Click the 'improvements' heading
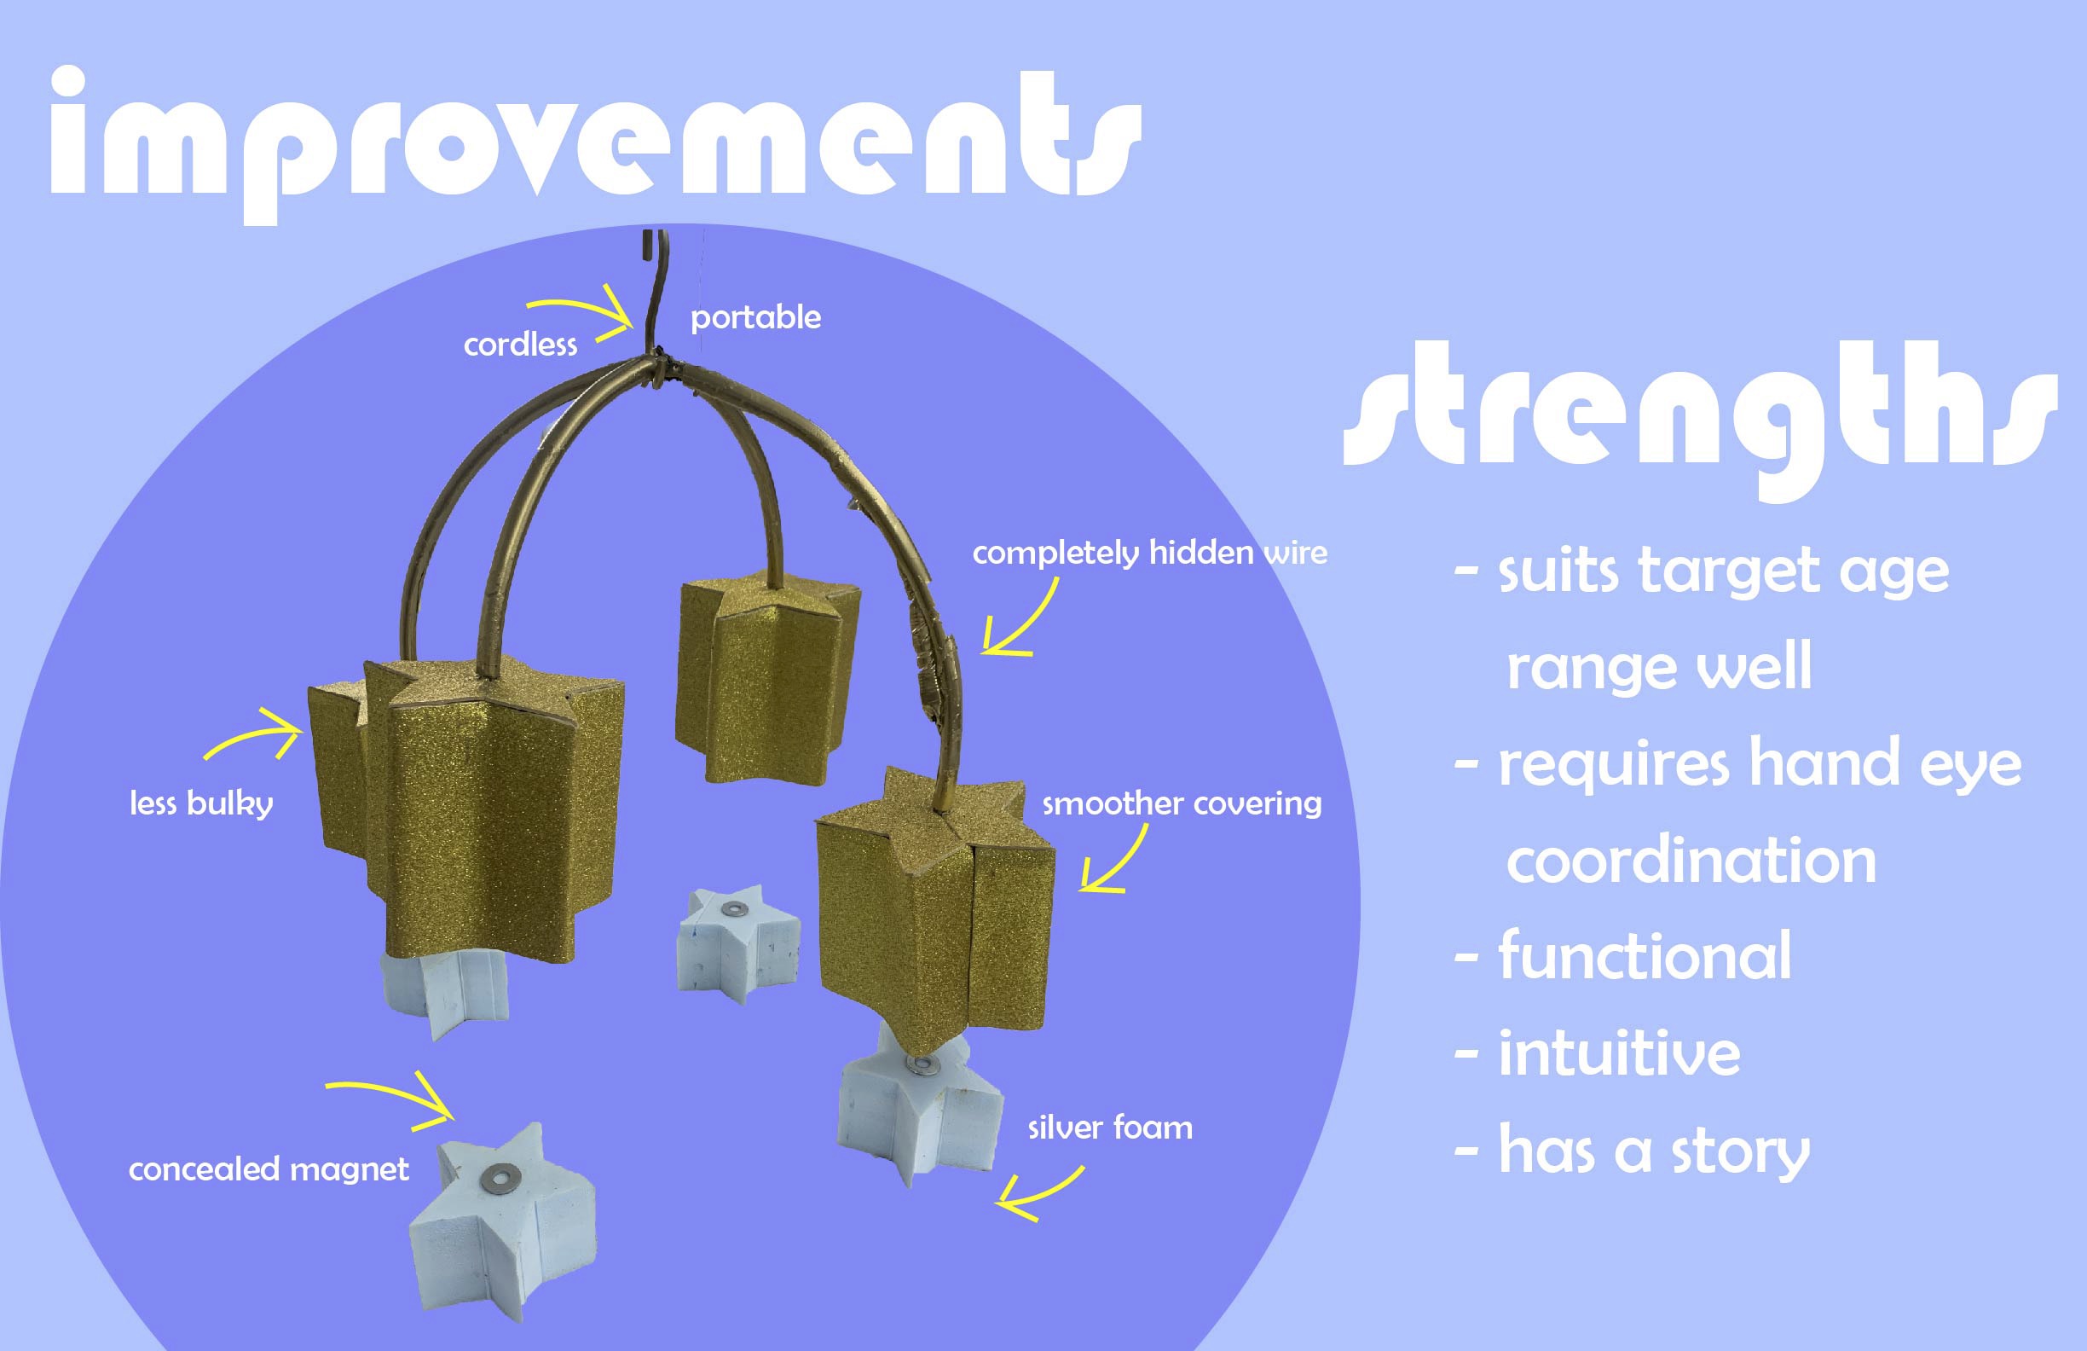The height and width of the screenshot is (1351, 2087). (x=596, y=145)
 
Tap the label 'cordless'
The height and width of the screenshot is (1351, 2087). (x=520, y=345)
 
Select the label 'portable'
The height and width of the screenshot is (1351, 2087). (x=756, y=317)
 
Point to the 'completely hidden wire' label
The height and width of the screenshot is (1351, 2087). (x=1149, y=553)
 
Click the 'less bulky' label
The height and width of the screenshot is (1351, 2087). (x=201, y=803)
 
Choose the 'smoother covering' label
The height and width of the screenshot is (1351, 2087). (x=1181, y=803)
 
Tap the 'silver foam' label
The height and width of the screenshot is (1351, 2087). (x=1110, y=1128)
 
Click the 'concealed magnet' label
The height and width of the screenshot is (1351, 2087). (x=269, y=1168)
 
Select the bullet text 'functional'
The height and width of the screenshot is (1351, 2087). (x=1623, y=956)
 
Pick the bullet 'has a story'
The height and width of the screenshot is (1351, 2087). (x=1632, y=1151)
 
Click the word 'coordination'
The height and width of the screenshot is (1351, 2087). (x=1691, y=861)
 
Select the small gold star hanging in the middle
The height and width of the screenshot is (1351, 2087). (x=767, y=675)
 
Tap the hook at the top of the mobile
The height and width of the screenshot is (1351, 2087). (x=654, y=289)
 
